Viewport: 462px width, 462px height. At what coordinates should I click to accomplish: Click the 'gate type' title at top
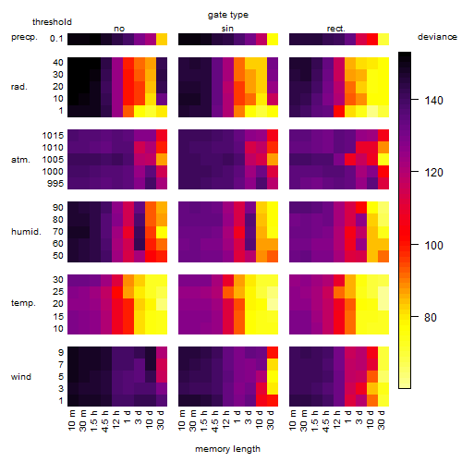click(x=228, y=15)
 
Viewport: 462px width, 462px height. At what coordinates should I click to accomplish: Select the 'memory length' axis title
click(x=227, y=449)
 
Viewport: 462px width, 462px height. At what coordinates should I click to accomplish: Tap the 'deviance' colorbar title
click(x=437, y=37)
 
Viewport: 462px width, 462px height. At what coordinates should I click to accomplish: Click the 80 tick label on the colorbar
click(x=431, y=317)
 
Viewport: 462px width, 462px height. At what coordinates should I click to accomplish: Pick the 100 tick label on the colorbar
click(x=433, y=246)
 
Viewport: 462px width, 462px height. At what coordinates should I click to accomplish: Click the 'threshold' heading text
click(x=52, y=22)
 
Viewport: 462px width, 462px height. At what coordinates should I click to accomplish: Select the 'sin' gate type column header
click(x=227, y=29)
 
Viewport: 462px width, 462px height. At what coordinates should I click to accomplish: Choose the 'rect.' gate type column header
click(x=336, y=29)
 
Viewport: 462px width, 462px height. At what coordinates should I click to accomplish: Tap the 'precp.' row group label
click(x=24, y=37)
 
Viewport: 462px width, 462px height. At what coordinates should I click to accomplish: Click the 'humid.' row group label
click(x=26, y=232)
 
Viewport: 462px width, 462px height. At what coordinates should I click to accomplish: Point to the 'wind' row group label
click(x=21, y=377)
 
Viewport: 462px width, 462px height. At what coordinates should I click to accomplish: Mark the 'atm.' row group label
click(x=20, y=160)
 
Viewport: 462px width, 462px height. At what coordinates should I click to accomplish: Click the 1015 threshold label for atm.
click(x=53, y=136)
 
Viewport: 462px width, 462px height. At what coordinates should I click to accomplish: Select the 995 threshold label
click(x=55, y=184)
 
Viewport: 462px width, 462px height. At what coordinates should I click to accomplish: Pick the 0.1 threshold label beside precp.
click(x=56, y=39)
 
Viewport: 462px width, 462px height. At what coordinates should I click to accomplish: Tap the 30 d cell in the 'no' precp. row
click(x=162, y=40)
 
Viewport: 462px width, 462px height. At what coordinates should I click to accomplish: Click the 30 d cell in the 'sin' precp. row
click(x=273, y=40)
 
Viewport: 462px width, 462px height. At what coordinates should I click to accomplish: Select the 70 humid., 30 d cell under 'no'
click(x=162, y=232)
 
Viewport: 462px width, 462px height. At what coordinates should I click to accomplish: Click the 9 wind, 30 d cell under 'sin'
click(x=273, y=352)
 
